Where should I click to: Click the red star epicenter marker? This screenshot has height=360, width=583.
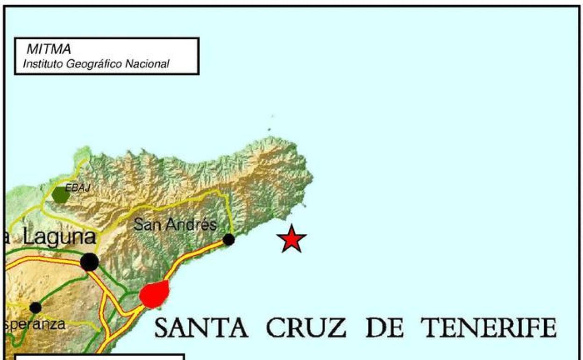pyautogui.click(x=291, y=239)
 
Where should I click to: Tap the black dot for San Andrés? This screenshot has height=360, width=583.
pyautogui.click(x=228, y=239)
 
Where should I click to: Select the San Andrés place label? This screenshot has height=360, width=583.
pyautogui.click(x=175, y=225)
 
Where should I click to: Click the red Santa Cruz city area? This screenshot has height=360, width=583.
pyautogui.click(x=154, y=294)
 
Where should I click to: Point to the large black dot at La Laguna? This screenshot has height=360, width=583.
pyautogui.click(x=89, y=262)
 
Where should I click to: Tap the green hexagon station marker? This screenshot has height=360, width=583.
pyautogui.click(x=60, y=194)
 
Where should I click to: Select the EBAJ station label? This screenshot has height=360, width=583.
pyautogui.click(x=77, y=187)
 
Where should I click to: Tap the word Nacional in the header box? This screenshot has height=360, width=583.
pyautogui.click(x=147, y=64)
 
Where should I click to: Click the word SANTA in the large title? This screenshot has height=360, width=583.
pyautogui.click(x=201, y=328)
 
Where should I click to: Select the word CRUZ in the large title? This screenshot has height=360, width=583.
pyautogui.click(x=306, y=328)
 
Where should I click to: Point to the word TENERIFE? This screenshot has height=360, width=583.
pyautogui.click(x=488, y=328)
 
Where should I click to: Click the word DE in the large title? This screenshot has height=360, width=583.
pyautogui.click(x=384, y=328)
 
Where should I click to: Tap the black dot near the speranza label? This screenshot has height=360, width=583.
pyautogui.click(x=36, y=308)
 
